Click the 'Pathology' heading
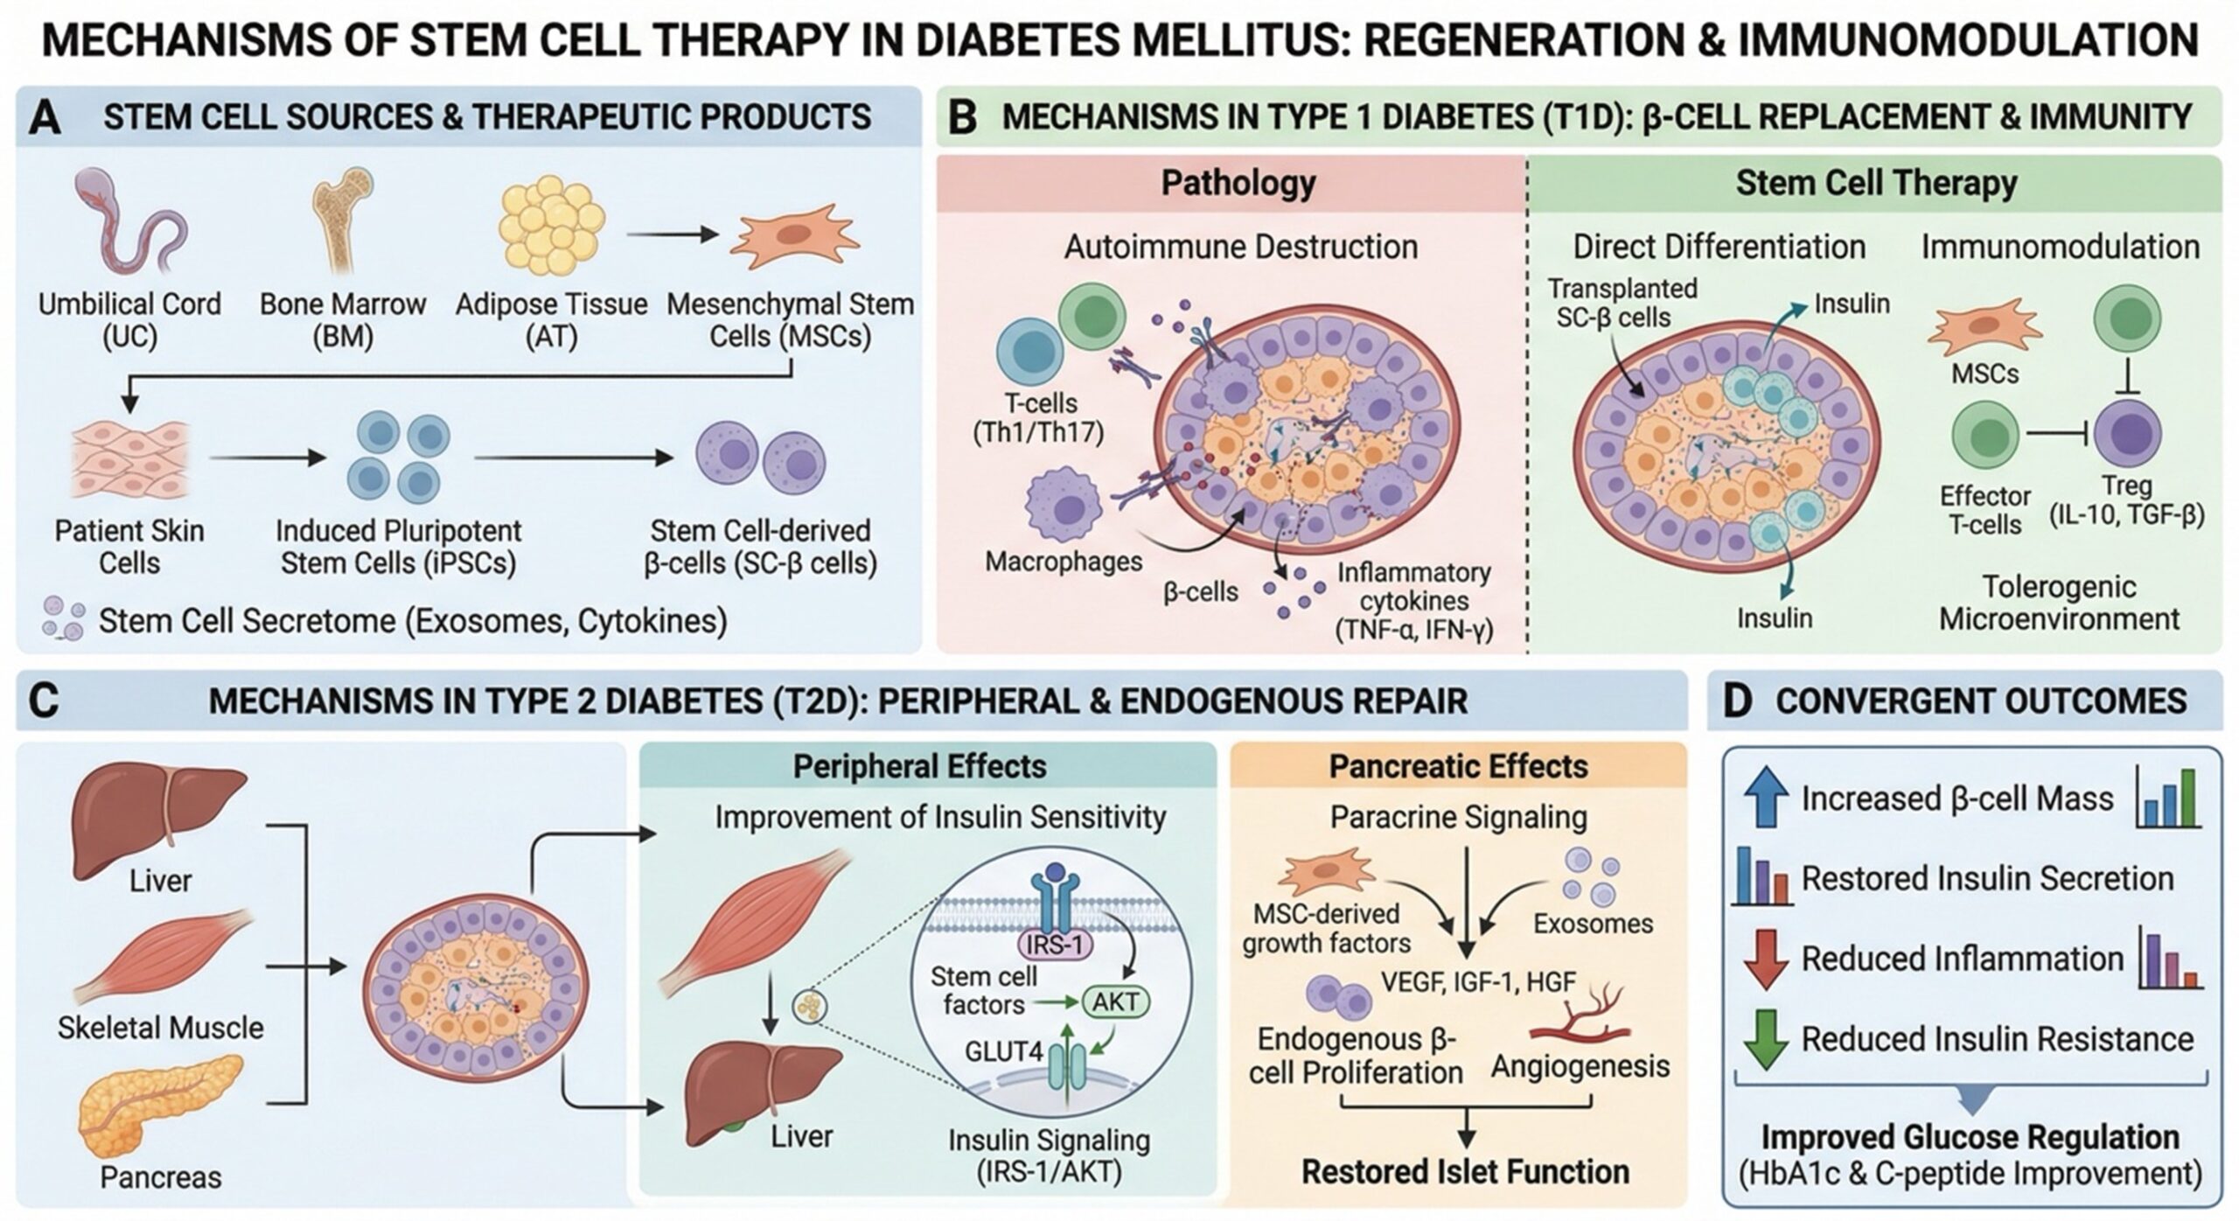tap(1238, 184)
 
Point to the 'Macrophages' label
tap(1064, 561)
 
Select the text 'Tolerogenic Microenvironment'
tap(2059, 603)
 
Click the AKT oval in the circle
tap(1115, 1001)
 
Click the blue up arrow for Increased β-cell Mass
tap(1767, 797)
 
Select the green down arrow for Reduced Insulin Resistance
tap(1767, 1038)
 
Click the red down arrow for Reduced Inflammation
tap(1767, 959)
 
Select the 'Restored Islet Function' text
tap(1465, 1172)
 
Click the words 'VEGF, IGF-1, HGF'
tap(1478, 982)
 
